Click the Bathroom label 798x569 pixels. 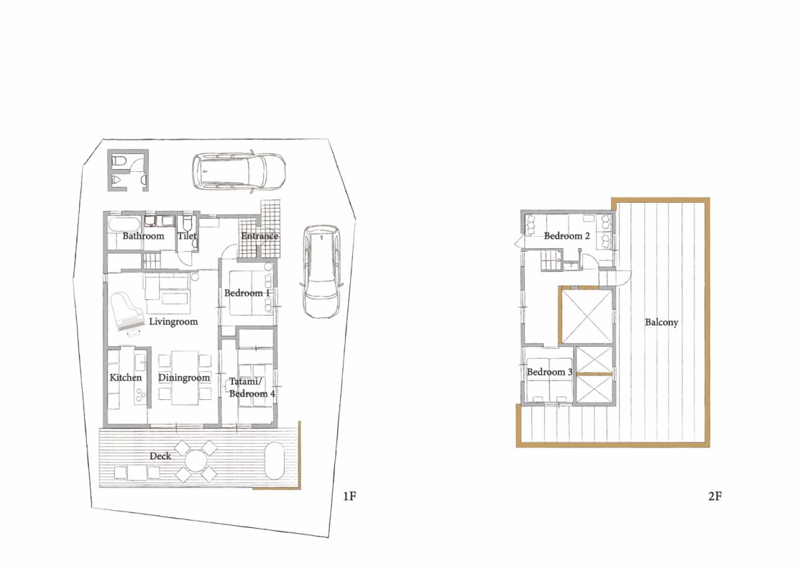[x=144, y=236]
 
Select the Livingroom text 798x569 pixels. [x=173, y=322]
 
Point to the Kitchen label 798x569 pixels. [x=126, y=378]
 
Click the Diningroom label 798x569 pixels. [x=184, y=378]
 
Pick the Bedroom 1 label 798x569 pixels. [x=247, y=293]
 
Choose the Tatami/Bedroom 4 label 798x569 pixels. [x=252, y=388]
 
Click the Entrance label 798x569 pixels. [x=260, y=236]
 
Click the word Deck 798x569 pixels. [x=160, y=456]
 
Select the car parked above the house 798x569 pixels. [x=239, y=172]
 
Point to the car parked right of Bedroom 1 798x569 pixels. [x=321, y=271]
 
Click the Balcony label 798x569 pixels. [x=661, y=322]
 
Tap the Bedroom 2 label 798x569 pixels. [x=567, y=236]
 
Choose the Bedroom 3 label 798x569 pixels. [x=550, y=372]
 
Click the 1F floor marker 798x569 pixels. [x=349, y=496]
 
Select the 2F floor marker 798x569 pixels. [x=715, y=496]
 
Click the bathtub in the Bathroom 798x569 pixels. [x=124, y=224]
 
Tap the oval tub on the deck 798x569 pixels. [x=275, y=460]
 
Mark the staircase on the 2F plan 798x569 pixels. [x=550, y=261]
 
